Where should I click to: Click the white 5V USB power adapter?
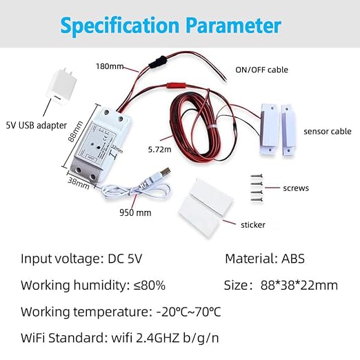pos(61,87)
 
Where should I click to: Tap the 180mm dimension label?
pos(110,66)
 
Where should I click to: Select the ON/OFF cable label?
pos(261,70)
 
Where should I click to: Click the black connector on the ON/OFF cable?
pos(157,62)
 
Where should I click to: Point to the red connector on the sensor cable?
pos(176,86)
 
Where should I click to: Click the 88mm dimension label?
pos(75,132)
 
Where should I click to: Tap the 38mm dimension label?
pos(79,183)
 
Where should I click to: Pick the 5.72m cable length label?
pos(159,150)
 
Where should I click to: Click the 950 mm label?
pos(135,212)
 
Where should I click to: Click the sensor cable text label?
pos(328,131)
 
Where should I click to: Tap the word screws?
pos(296,188)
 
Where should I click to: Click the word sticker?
pos(253,225)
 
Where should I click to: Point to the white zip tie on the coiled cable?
pos(212,127)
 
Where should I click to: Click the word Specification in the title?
pos(120,26)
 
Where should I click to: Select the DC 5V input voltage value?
pos(125,259)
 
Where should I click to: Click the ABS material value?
pos(293,259)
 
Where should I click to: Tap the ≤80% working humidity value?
pos(150,286)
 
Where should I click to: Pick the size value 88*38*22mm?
pos(299,286)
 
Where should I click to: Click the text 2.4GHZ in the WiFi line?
pos(158,338)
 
